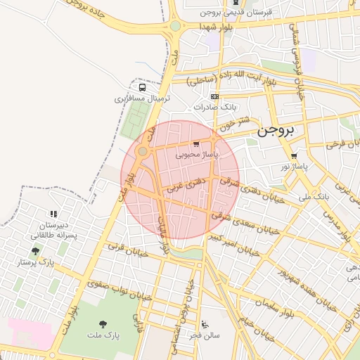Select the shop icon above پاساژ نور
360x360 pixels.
coord(294,156)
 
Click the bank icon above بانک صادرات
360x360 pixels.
coord(214,96)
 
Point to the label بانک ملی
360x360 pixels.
coord(314,197)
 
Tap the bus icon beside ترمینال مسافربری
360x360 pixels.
coord(143,89)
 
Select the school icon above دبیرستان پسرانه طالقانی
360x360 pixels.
coord(53,214)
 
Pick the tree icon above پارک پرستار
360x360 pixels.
coord(36,251)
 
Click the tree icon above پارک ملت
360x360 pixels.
coord(103,324)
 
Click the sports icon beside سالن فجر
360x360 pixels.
coord(205,325)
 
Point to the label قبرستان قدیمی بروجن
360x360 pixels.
coord(240,13)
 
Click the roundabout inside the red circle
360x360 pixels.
coord(143,151)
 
